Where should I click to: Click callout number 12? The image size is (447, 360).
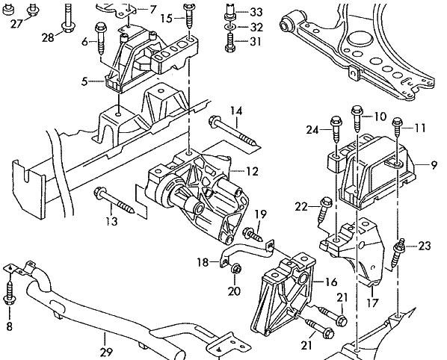(x=252, y=172)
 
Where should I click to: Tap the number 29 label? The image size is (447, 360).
(x=106, y=353)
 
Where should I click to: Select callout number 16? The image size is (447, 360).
(x=330, y=282)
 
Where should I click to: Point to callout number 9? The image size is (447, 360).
(x=434, y=165)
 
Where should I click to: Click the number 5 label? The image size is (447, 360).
(x=84, y=81)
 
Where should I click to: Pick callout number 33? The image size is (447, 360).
(x=256, y=12)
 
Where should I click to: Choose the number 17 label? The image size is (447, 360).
(x=372, y=302)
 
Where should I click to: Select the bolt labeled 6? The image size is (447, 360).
(x=101, y=39)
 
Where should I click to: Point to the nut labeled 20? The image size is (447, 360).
(x=236, y=269)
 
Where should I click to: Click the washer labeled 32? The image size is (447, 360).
(x=230, y=27)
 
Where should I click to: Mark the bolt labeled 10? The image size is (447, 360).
(x=357, y=119)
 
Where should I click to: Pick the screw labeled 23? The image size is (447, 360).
(x=399, y=252)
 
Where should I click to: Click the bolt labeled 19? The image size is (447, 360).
(x=253, y=235)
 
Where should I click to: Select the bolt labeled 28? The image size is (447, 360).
(x=67, y=18)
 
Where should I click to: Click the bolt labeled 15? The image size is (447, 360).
(x=189, y=16)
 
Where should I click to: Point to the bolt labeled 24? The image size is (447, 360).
(x=336, y=129)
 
